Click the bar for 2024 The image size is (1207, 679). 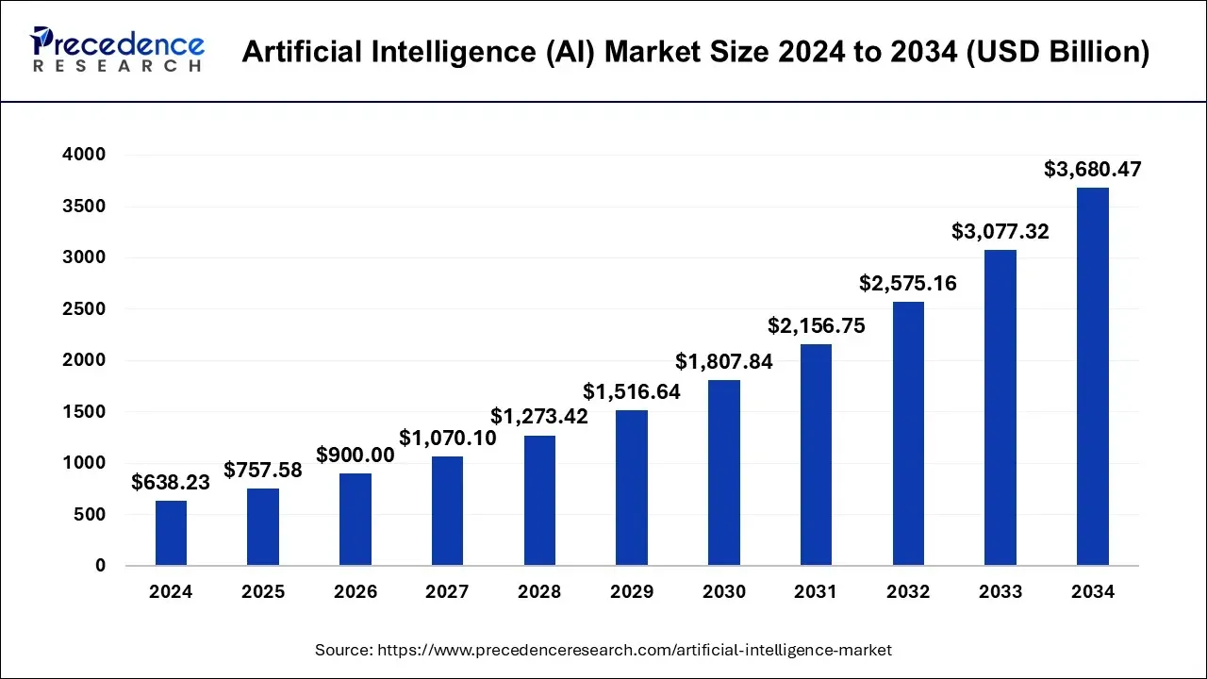click(171, 533)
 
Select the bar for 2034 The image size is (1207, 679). click(1092, 377)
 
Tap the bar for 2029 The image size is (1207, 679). click(632, 488)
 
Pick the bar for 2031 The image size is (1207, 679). click(816, 455)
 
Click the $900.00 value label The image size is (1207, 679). click(355, 455)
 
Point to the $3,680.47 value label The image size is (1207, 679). click(1092, 170)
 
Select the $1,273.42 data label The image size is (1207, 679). click(539, 416)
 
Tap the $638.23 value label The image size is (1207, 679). click(171, 482)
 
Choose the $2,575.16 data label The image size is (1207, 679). click(907, 282)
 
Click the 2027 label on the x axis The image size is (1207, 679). click(447, 592)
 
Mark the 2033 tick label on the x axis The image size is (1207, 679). click(1000, 592)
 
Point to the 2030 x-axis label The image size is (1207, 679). click(723, 592)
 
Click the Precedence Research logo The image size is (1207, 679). click(118, 50)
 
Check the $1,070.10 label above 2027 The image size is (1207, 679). click(447, 438)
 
